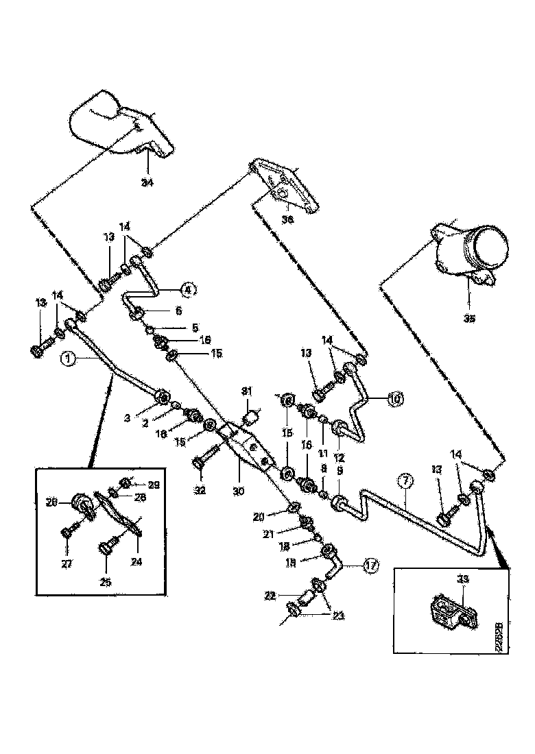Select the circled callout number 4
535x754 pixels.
point(188,289)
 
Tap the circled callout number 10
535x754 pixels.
point(396,398)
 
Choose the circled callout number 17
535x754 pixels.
point(370,566)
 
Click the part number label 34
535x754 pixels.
point(147,182)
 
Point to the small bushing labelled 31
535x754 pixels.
point(254,415)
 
